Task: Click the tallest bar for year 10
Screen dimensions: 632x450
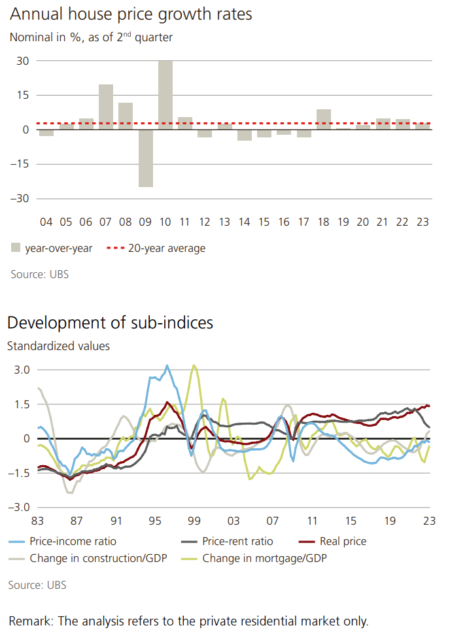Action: [x=165, y=95]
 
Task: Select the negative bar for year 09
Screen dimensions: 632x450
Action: [x=145, y=158]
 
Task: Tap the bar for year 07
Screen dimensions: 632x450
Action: [x=106, y=107]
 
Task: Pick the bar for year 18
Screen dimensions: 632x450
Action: [x=324, y=119]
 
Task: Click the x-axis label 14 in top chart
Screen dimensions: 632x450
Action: [x=245, y=222]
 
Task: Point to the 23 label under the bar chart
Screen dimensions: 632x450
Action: [x=423, y=222]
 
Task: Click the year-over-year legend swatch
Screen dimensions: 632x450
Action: [x=16, y=248]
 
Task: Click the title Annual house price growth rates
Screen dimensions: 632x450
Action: [x=131, y=14]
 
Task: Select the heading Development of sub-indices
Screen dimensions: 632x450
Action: [x=110, y=323]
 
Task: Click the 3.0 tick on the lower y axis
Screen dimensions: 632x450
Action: [x=23, y=370]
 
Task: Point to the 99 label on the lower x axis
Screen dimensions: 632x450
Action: [x=194, y=521]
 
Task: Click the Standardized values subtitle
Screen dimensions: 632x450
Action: [x=58, y=346]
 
